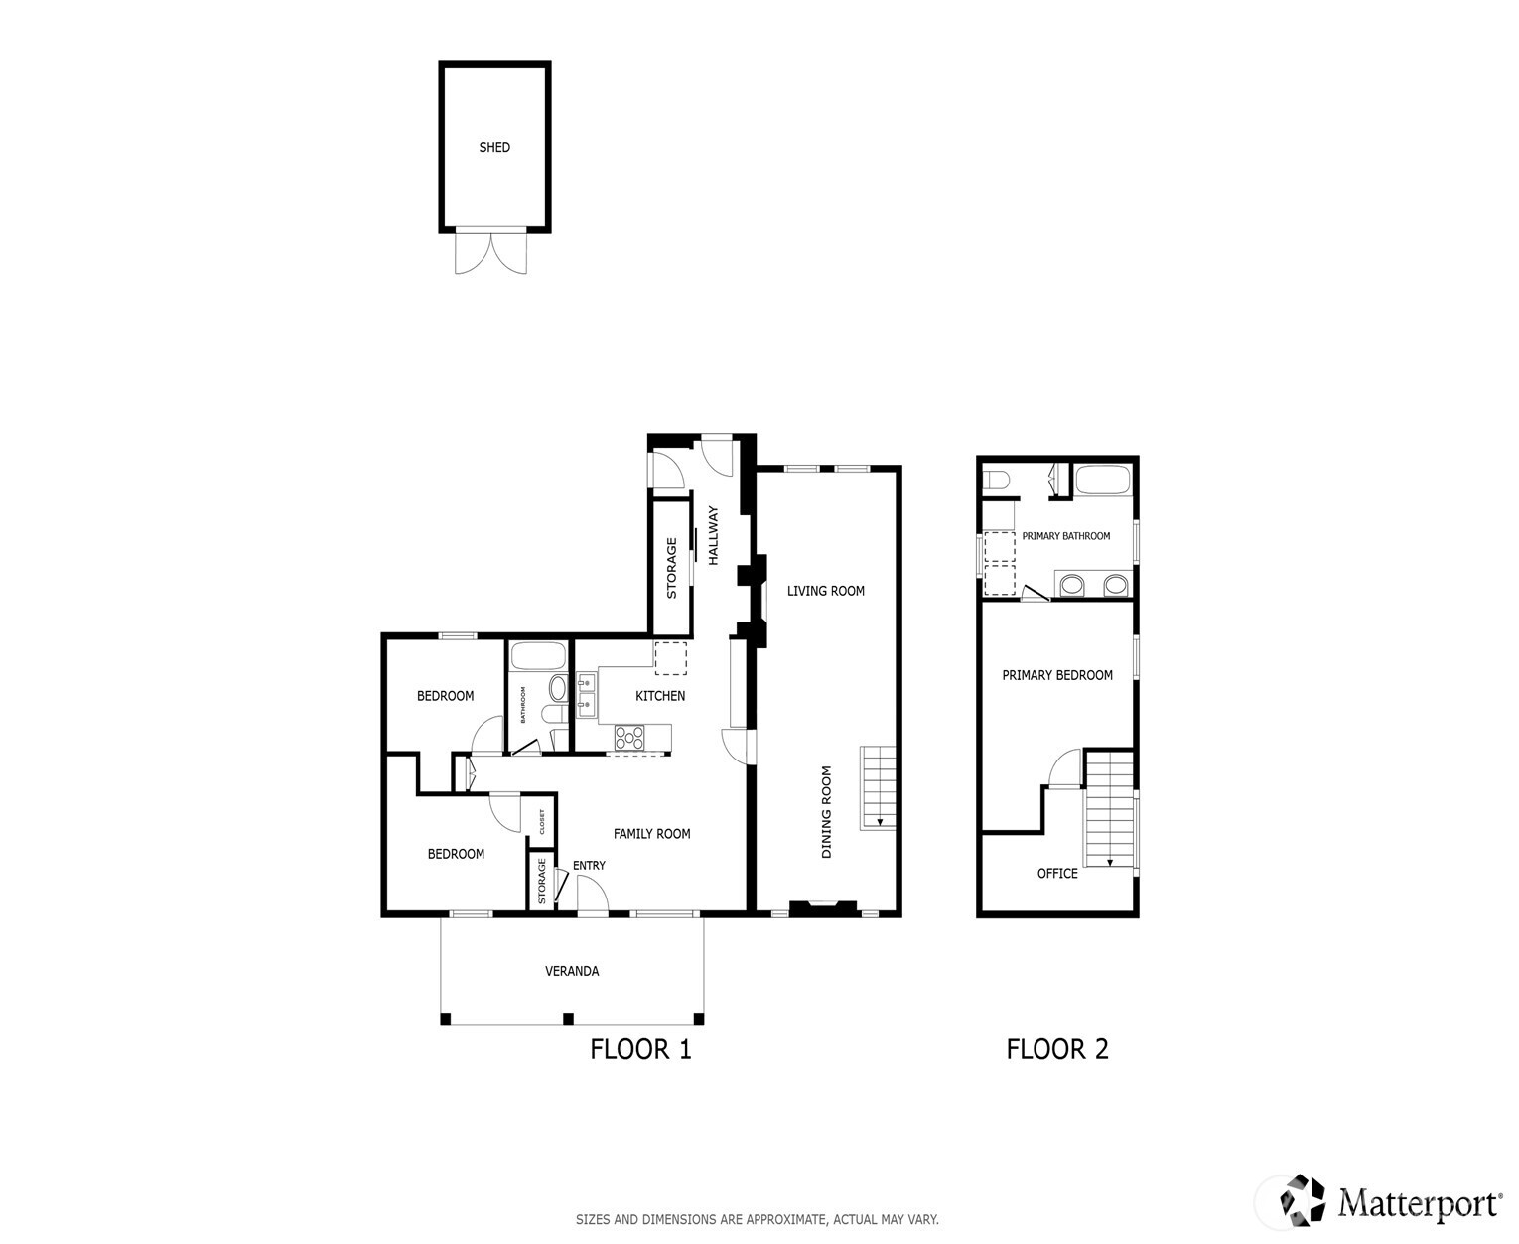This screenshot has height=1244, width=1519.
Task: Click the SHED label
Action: (x=494, y=147)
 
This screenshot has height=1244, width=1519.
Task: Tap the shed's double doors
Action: (x=493, y=252)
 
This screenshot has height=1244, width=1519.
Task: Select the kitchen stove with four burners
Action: (x=629, y=737)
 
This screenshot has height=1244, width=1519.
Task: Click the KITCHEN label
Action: (x=660, y=696)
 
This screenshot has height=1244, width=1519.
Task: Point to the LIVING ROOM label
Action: (x=825, y=591)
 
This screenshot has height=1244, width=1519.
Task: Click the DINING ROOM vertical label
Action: (x=826, y=812)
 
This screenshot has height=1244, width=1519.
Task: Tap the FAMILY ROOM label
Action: (x=651, y=834)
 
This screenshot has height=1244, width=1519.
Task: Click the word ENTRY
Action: (x=589, y=866)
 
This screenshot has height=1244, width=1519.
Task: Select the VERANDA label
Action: (x=572, y=971)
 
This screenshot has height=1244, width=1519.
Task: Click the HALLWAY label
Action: (x=713, y=536)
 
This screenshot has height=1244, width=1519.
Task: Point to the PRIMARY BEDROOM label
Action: (x=1057, y=675)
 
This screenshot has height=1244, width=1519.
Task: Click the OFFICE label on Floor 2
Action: (x=1057, y=874)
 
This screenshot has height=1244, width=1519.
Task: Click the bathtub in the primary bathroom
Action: (x=1103, y=482)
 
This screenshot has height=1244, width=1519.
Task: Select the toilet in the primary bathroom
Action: (x=995, y=482)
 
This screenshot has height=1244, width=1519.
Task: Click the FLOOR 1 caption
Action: (x=640, y=1049)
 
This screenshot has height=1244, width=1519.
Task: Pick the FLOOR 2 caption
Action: (x=1057, y=1049)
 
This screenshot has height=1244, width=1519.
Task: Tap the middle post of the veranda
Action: (x=568, y=1018)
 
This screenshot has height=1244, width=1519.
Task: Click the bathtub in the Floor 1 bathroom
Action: (x=538, y=657)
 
